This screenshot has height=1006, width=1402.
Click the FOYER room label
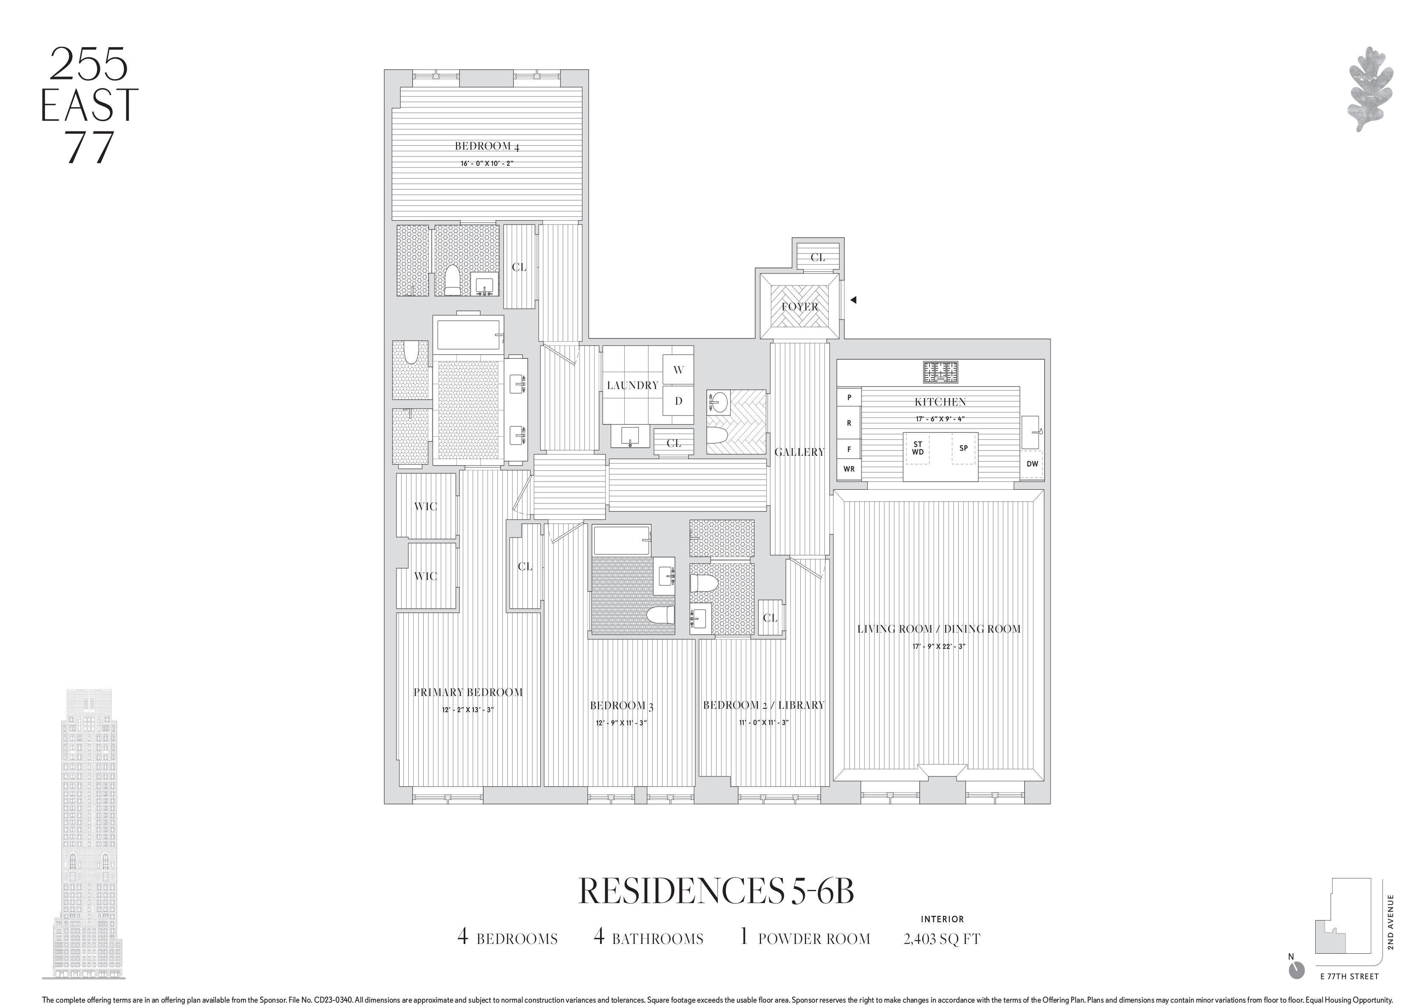[799, 307]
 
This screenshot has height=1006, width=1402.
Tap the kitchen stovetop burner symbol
[940, 372]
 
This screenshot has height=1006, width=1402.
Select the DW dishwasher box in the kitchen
[1032, 464]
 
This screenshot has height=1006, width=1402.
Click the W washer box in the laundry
[678, 370]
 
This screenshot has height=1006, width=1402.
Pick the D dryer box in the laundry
[678, 401]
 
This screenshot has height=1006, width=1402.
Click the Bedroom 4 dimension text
[487, 164]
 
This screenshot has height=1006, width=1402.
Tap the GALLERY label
[799, 452]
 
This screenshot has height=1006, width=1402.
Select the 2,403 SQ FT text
[941, 938]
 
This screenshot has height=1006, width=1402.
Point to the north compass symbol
[1296, 987]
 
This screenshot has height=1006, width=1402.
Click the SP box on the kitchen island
[963, 448]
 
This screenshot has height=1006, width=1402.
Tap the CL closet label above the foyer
[817, 257]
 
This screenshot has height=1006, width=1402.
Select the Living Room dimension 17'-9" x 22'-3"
[938, 646]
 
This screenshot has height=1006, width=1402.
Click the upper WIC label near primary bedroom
[425, 506]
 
